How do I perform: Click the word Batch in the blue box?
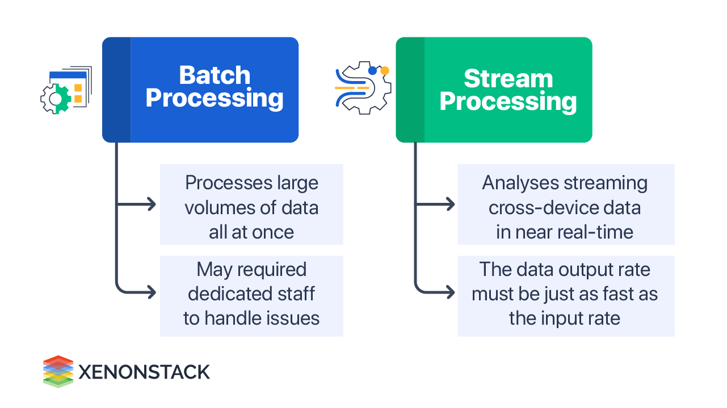tap(215, 75)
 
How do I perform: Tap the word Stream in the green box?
tap(508, 79)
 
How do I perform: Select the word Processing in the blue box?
tap(215, 98)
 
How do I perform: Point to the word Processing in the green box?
tap(508, 102)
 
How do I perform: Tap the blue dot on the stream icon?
tap(372, 71)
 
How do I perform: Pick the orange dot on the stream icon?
tap(385, 71)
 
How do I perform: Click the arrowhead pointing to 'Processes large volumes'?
tap(152, 205)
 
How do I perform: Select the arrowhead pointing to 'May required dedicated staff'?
tap(152, 292)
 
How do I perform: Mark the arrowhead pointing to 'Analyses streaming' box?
tap(450, 205)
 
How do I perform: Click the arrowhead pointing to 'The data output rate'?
tap(450, 292)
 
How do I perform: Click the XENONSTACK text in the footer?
tap(144, 372)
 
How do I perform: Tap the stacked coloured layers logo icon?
tap(58, 371)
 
